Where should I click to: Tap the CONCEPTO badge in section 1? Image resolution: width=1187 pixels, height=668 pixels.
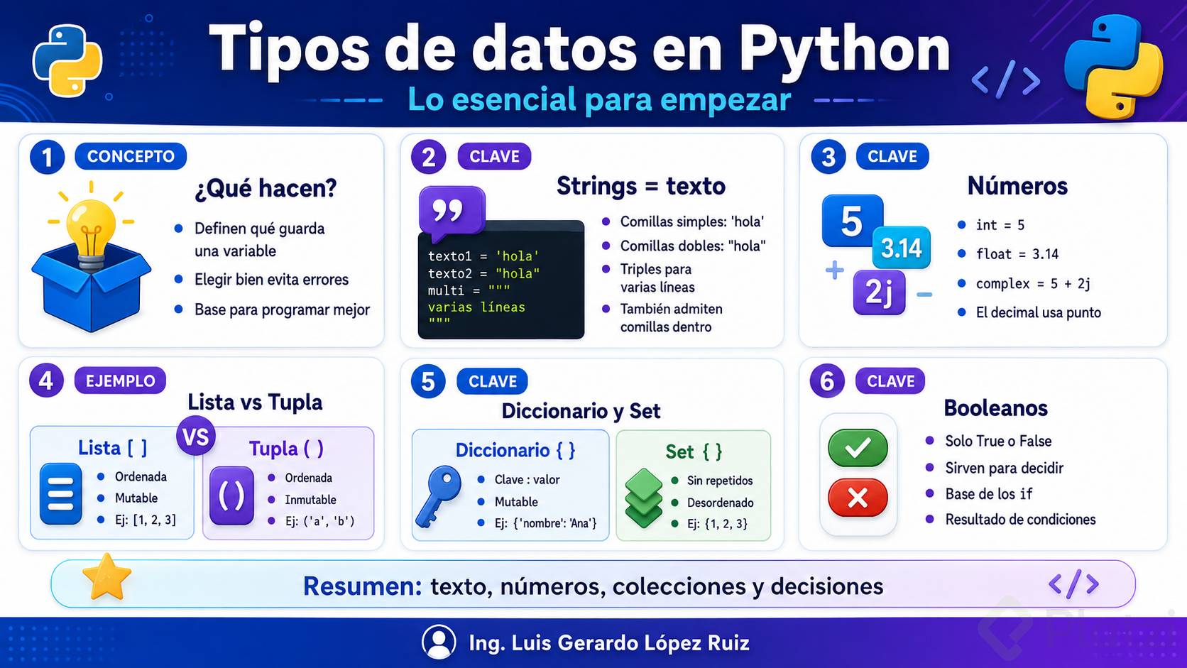(131, 156)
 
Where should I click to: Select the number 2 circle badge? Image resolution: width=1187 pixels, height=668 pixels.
(428, 158)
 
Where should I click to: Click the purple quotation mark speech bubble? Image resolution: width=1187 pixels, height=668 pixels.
(452, 212)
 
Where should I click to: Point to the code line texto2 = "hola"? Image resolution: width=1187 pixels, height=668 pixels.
(483, 273)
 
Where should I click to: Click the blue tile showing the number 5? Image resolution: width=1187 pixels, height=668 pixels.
(852, 220)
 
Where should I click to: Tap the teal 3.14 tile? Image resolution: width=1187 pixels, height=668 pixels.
(901, 247)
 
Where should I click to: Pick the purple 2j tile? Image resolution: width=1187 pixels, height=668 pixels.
(879, 292)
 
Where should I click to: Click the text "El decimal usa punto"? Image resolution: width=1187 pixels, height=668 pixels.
(1038, 312)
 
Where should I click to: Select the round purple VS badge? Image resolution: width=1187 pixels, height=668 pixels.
(195, 437)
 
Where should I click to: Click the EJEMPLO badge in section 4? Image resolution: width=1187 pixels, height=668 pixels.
(120, 381)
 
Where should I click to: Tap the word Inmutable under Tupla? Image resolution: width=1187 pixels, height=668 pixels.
(310, 500)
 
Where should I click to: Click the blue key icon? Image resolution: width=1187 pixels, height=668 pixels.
(438, 496)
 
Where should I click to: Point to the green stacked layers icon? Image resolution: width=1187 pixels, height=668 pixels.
(643, 498)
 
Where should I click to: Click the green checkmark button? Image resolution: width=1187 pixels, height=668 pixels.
(858, 448)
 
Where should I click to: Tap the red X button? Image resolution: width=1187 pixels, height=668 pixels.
(858, 498)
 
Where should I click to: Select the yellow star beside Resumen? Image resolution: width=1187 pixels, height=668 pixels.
(106, 577)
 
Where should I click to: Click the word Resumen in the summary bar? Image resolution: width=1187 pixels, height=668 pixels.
(363, 586)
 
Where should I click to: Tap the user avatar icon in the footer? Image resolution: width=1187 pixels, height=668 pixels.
(439, 642)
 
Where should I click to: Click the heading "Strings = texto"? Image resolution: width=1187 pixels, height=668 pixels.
(640, 186)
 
